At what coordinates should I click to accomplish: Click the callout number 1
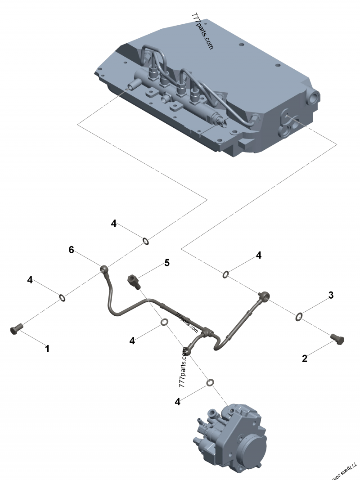47,348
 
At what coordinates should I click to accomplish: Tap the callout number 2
305,359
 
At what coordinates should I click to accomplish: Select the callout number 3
330,296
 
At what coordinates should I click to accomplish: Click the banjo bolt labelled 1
15,330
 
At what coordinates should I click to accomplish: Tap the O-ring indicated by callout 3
299,317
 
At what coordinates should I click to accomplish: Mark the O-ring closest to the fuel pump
210,382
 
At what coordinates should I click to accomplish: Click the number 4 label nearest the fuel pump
178,402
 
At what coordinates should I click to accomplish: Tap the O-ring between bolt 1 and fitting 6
63,297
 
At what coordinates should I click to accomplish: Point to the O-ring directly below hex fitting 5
165,322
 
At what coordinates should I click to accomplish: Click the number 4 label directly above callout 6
114,224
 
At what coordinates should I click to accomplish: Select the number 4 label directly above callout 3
258,255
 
